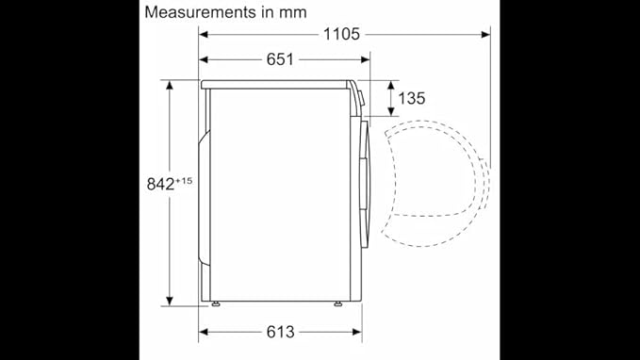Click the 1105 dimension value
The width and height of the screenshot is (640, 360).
(341, 34)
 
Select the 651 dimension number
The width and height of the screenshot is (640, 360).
(280, 59)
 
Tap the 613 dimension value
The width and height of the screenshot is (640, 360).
(280, 332)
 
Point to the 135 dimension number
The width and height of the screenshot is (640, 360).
(411, 98)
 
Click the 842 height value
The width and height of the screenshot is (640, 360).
(160, 185)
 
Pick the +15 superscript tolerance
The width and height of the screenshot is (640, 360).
(184, 180)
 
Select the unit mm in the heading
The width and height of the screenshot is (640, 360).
(292, 12)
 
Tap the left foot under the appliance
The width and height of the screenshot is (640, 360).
(216, 303)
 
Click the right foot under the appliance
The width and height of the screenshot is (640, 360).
(338, 303)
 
